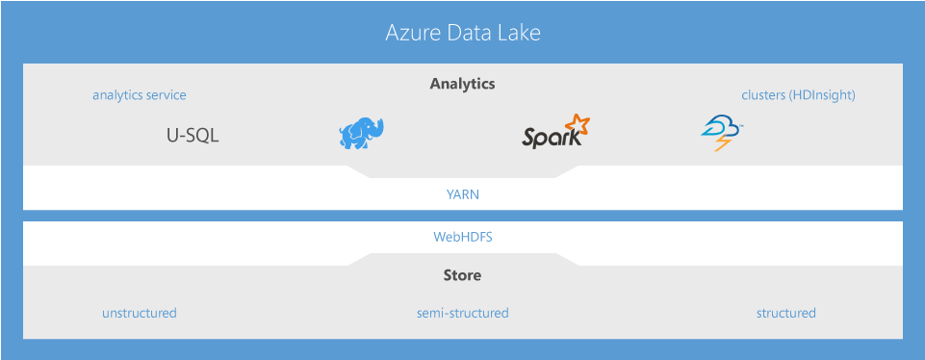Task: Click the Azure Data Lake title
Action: (463, 34)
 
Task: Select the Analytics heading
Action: (462, 84)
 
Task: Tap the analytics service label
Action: (140, 95)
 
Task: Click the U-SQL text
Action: (193, 136)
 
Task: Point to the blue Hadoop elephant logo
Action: (361, 134)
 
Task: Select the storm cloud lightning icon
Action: (721, 134)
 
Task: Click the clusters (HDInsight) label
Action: (798, 95)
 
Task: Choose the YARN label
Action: (462, 194)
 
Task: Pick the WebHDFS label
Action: (462, 236)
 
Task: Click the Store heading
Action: (462, 275)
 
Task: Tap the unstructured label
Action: (140, 313)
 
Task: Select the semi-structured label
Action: (462, 313)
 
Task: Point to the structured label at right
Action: (785, 313)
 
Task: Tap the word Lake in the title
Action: (518, 34)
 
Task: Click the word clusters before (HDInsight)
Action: (763, 95)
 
